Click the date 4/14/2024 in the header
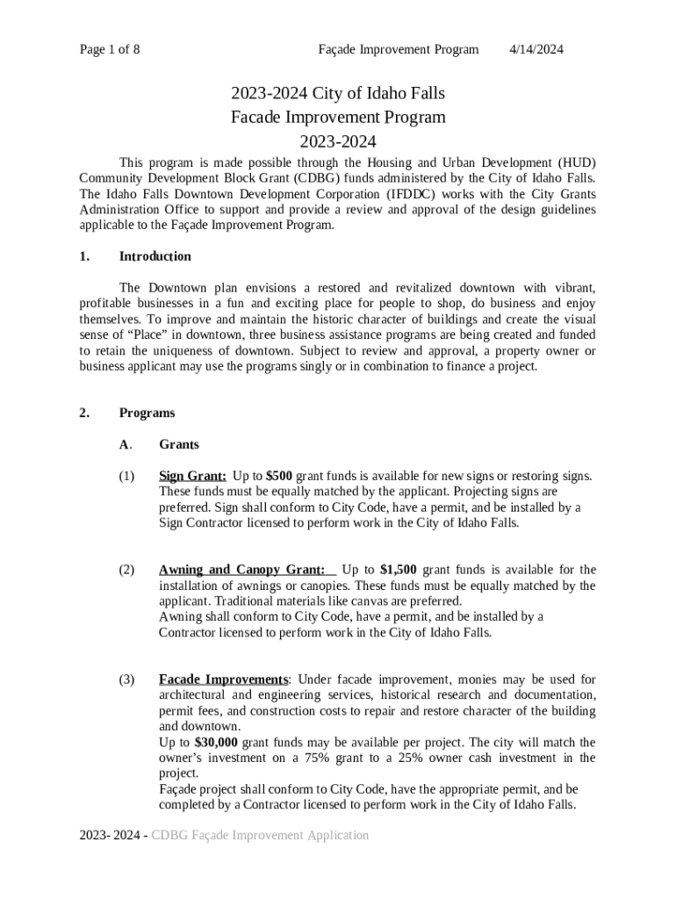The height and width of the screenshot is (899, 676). tap(536, 49)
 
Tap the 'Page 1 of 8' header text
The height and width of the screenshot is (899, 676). tap(110, 49)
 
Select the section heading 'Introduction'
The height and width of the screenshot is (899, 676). tap(155, 256)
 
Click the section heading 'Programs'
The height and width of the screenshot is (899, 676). tap(147, 413)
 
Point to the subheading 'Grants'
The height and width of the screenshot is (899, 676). tap(178, 445)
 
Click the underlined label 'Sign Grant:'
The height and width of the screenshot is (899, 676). tap(192, 476)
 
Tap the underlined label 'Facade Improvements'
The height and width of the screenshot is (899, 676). tap(223, 680)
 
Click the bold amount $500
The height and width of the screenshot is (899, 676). tap(280, 476)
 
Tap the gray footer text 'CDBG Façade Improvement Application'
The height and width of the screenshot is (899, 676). tap(260, 835)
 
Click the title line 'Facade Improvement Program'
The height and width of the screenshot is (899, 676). tap(338, 117)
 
